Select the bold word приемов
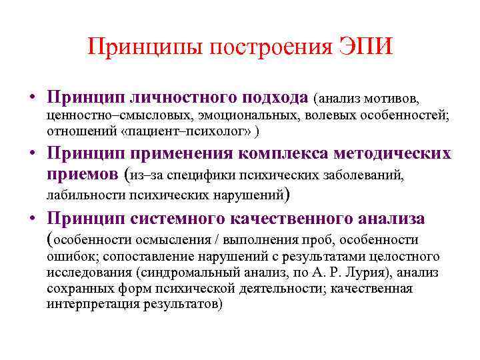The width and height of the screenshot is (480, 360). [83, 175]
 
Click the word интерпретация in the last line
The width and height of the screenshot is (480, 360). [87, 305]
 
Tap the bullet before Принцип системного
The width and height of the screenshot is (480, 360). [32, 219]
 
